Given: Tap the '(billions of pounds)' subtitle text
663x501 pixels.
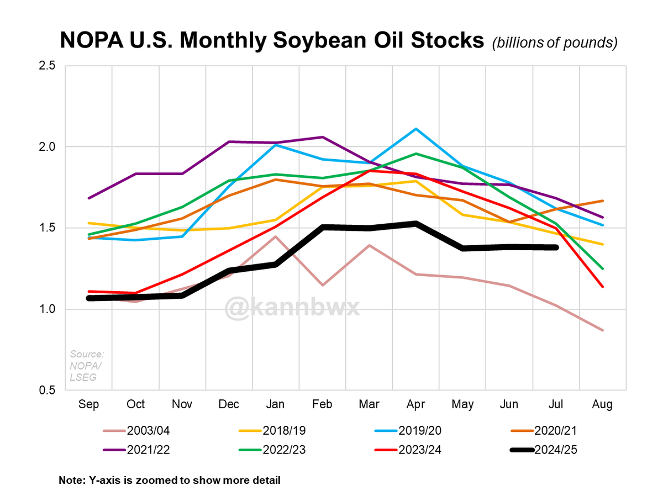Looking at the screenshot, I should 554,43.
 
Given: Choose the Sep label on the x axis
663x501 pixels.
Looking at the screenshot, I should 89,405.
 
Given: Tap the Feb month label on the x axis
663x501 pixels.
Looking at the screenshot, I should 322,405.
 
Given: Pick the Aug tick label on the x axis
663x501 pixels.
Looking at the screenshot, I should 602,405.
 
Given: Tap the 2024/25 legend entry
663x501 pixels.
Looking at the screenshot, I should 558,450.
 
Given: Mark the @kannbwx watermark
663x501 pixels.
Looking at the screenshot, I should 292,307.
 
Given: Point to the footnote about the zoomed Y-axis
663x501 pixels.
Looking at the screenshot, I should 170,481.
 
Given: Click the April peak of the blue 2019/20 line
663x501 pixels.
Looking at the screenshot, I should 415,129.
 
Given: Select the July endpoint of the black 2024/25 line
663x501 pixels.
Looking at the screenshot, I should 555,247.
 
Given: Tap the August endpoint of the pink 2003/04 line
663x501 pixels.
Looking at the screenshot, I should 602,330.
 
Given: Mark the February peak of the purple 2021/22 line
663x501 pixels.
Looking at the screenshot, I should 322,137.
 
